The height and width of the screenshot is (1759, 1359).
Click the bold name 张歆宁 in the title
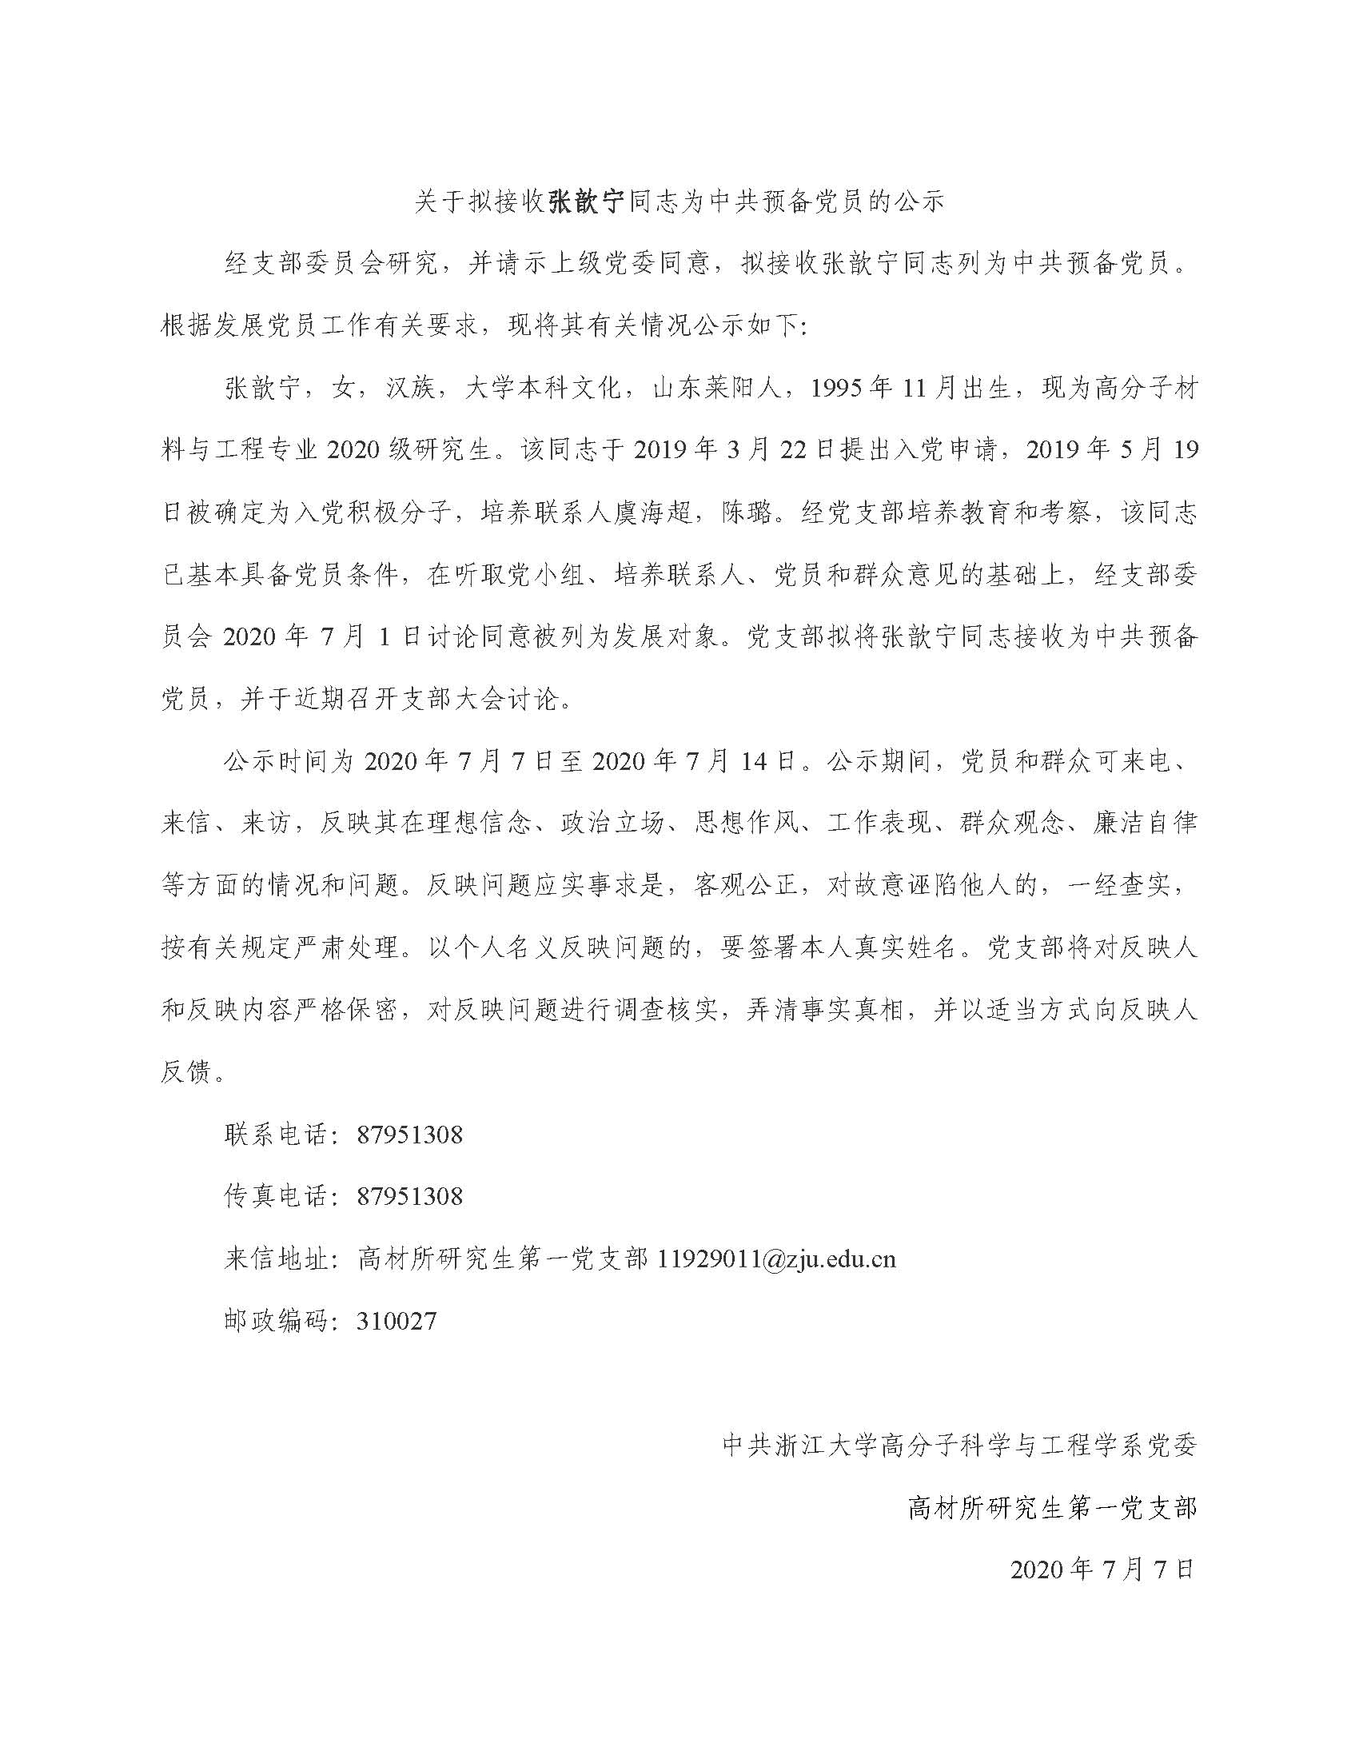coord(586,201)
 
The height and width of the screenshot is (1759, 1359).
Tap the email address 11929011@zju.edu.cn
coord(776,1258)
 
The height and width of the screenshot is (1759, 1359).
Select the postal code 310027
coord(396,1321)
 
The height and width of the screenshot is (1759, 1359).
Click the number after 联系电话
coord(410,1135)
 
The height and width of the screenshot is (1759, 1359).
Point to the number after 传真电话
coord(410,1196)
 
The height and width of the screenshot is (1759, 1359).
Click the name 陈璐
coord(748,512)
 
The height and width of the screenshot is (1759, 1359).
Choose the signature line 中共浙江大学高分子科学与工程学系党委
coord(959,1445)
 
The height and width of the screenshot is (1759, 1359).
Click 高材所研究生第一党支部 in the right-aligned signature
coord(1052,1506)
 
